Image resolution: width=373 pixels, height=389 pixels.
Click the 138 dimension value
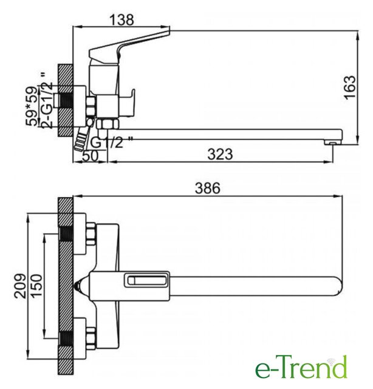pos(121,20)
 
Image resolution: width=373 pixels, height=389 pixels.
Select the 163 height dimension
pos(351,87)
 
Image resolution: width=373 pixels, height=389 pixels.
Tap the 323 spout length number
pos(221,154)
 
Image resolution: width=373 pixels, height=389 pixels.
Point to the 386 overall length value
pos(208,188)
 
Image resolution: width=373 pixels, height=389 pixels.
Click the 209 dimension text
pos(20,286)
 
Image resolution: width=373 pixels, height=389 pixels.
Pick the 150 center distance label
pos(36,286)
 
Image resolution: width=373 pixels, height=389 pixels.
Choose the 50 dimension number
pos(91,156)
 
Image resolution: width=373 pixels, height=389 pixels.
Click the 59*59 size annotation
pos(32,106)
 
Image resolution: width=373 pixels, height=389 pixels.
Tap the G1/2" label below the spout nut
pos(111,142)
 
